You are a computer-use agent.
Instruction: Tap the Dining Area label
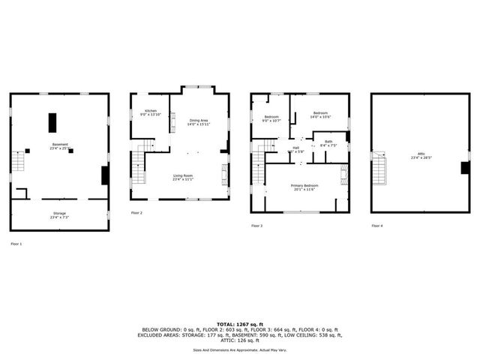point(198,121)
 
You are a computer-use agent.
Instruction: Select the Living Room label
point(183,178)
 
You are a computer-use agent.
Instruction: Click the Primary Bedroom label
point(305,187)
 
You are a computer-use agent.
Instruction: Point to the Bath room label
point(328,142)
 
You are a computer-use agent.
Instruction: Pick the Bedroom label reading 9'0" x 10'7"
point(271,118)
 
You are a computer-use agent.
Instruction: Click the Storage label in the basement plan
point(59,216)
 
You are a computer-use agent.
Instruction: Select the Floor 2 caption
point(136,213)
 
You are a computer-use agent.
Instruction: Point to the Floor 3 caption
point(256,226)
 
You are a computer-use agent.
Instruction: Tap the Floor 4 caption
point(376,226)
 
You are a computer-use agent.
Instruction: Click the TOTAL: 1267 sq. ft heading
point(239,324)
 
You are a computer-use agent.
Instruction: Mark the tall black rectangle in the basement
point(53,123)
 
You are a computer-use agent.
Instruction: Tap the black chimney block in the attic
point(465,168)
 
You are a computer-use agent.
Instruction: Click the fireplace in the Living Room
point(223,177)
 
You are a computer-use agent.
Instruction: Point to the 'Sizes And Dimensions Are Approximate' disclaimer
point(239,349)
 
